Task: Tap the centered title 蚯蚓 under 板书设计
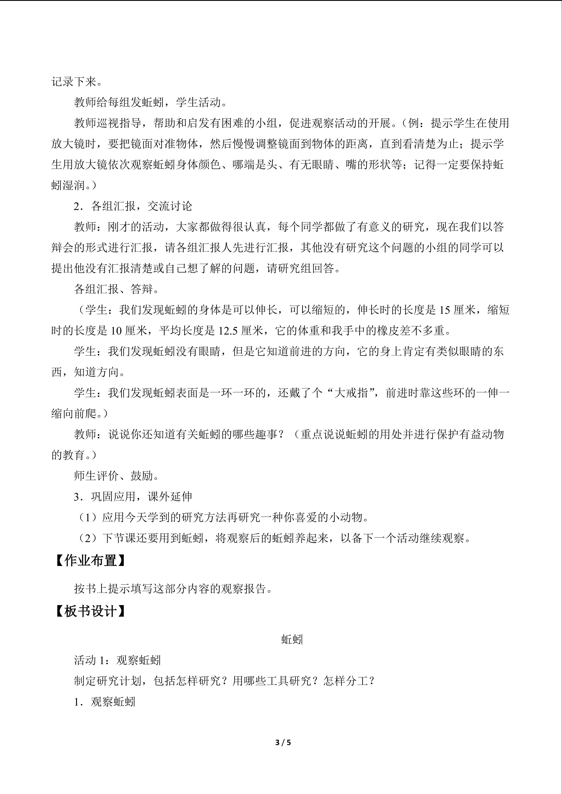pos(292,639)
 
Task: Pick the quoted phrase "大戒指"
pos(351,393)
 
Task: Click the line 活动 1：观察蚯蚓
pos(117,660)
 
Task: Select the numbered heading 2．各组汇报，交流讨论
pos(133,206)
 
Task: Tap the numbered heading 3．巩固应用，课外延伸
pos(133,497)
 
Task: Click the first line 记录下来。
pos(77,82)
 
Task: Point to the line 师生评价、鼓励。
pos(117,476)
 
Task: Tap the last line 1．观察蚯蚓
pos(105,702)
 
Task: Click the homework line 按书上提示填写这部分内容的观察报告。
pos(173,588)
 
